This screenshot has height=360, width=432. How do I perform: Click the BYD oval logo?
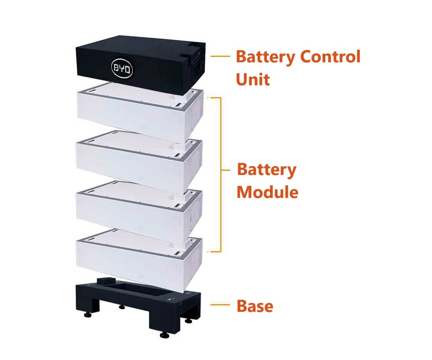122,68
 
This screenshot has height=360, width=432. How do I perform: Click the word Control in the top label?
330,56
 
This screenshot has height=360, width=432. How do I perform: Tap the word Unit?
253,79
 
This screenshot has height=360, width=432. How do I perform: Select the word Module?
267,192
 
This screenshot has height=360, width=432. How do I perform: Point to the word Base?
255,306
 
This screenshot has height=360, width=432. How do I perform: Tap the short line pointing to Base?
220,305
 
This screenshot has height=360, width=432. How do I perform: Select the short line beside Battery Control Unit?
220,56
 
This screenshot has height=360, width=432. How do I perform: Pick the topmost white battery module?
140,113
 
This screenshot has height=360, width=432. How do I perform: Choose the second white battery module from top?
139,162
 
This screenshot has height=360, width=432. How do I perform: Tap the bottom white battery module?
139,261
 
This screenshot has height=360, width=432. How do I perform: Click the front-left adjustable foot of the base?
88,315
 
